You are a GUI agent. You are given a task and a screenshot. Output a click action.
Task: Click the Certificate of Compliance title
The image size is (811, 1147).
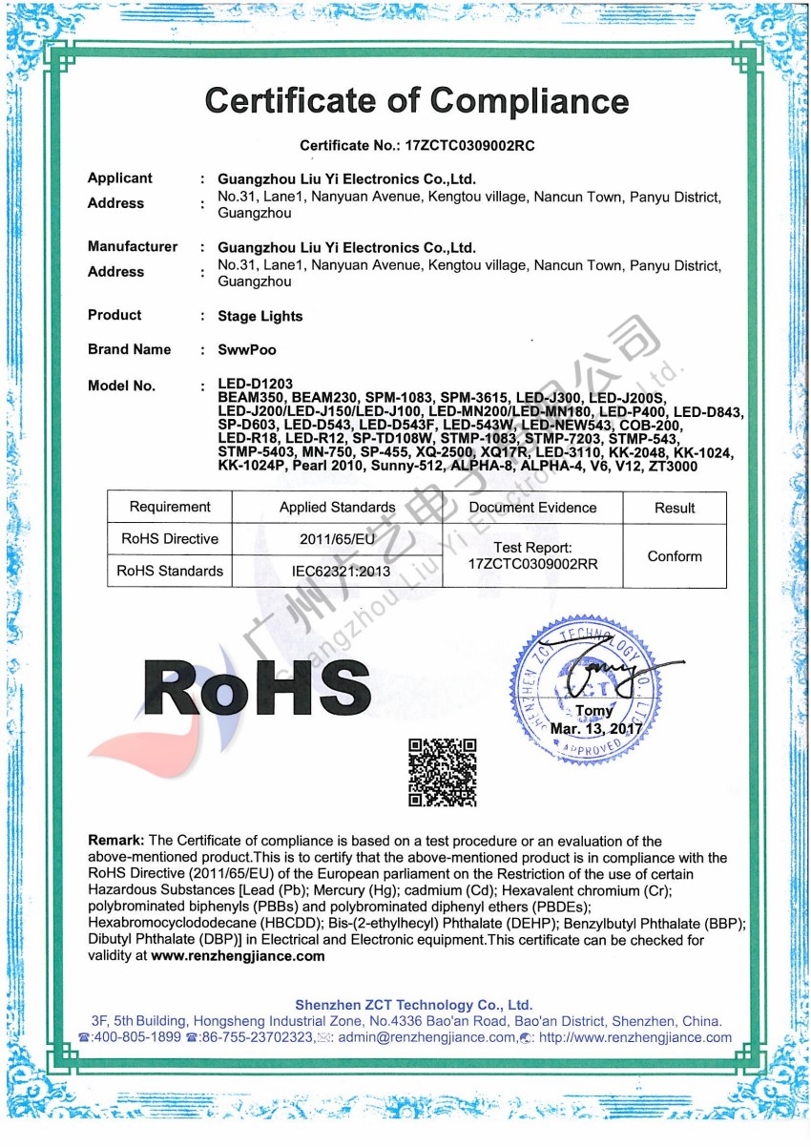[417, 100]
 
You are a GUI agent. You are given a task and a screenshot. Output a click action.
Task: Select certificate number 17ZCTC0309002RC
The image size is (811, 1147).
[469, 146]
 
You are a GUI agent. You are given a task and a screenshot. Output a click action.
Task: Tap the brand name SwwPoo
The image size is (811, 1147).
[247, 350]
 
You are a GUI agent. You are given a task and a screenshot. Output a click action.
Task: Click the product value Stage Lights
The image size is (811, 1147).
[260, 316]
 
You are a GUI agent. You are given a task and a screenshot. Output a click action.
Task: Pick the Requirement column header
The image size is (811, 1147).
[170, 507]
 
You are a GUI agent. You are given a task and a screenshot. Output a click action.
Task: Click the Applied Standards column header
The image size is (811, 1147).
[337, 507]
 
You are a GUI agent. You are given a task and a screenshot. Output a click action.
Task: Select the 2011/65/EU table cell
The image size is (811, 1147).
[337, 539]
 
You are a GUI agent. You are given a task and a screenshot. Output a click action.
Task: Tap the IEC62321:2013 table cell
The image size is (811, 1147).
[337, 571]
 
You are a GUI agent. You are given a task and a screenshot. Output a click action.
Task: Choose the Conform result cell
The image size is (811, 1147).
[675, 555]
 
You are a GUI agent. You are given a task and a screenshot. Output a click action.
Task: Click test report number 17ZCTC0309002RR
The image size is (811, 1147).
[533, 564]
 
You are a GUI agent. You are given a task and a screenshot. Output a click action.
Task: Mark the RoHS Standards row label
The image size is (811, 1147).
[170, 571]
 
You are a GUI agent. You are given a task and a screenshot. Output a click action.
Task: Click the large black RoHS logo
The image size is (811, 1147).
[258, 689]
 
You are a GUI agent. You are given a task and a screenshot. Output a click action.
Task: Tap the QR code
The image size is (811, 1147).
[442, 772]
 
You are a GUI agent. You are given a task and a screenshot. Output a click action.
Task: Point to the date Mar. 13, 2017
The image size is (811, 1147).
[597, 730]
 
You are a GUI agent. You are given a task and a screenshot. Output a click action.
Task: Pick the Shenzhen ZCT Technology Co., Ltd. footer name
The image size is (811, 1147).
[414, 1005]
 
